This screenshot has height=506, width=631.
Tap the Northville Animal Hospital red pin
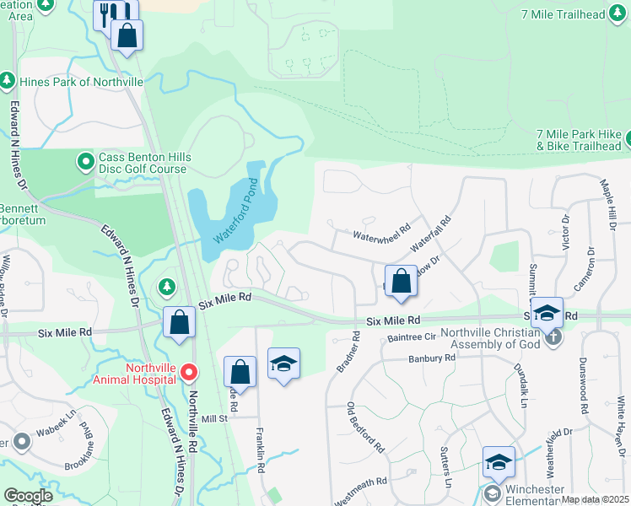coord(190,372)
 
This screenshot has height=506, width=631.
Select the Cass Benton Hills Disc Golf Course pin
coord(86,160)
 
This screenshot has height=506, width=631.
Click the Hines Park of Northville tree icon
coord(8,81)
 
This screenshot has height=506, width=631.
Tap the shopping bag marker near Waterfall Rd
coord(402,280)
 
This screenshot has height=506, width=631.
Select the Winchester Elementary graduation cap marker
coord(499,462)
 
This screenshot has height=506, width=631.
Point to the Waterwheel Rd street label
coord(381,228)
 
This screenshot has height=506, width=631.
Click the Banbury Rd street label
coord(434,358)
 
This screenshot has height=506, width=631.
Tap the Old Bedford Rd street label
coord(365,427)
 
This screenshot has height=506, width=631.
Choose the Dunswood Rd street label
coord(583,385)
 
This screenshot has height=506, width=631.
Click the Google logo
coord(28,496)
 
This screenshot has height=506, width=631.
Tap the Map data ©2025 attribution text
coord(594,499)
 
